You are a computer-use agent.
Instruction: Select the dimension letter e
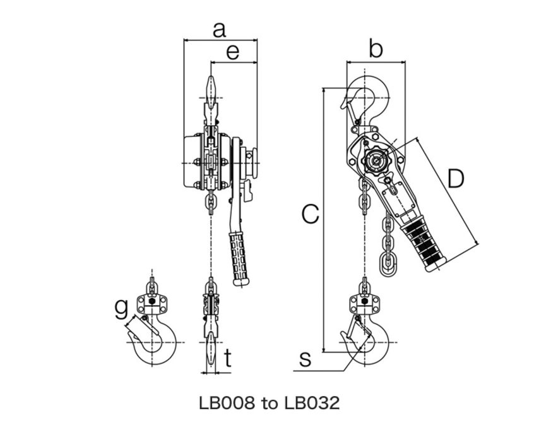tap(233, 52)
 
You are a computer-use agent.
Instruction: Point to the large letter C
tap(311, 214)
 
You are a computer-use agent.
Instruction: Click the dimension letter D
tap(456, 179)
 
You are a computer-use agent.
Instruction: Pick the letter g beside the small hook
tap(121, 309)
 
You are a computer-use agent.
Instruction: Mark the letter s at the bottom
tap(305, 359)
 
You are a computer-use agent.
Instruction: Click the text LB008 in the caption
tap(227, 403)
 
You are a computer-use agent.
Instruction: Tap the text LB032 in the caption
tap(312, 403)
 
